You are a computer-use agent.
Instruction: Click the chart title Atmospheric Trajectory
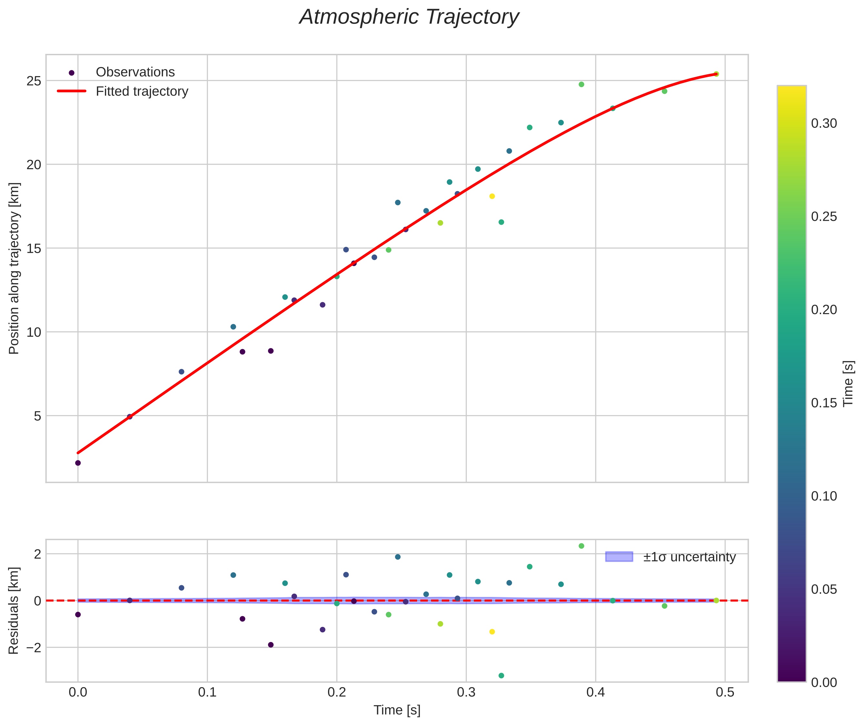409,17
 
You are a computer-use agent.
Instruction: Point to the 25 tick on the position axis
34,81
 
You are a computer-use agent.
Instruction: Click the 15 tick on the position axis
34,249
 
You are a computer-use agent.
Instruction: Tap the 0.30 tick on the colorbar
824,123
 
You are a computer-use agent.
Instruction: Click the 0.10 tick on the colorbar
824,496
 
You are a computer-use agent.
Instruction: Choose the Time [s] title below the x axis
397,710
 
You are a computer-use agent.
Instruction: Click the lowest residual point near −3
501,676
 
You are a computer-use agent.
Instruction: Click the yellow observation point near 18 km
492,197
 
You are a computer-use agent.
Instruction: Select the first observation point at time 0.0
78,463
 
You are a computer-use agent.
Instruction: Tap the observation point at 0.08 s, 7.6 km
181,372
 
